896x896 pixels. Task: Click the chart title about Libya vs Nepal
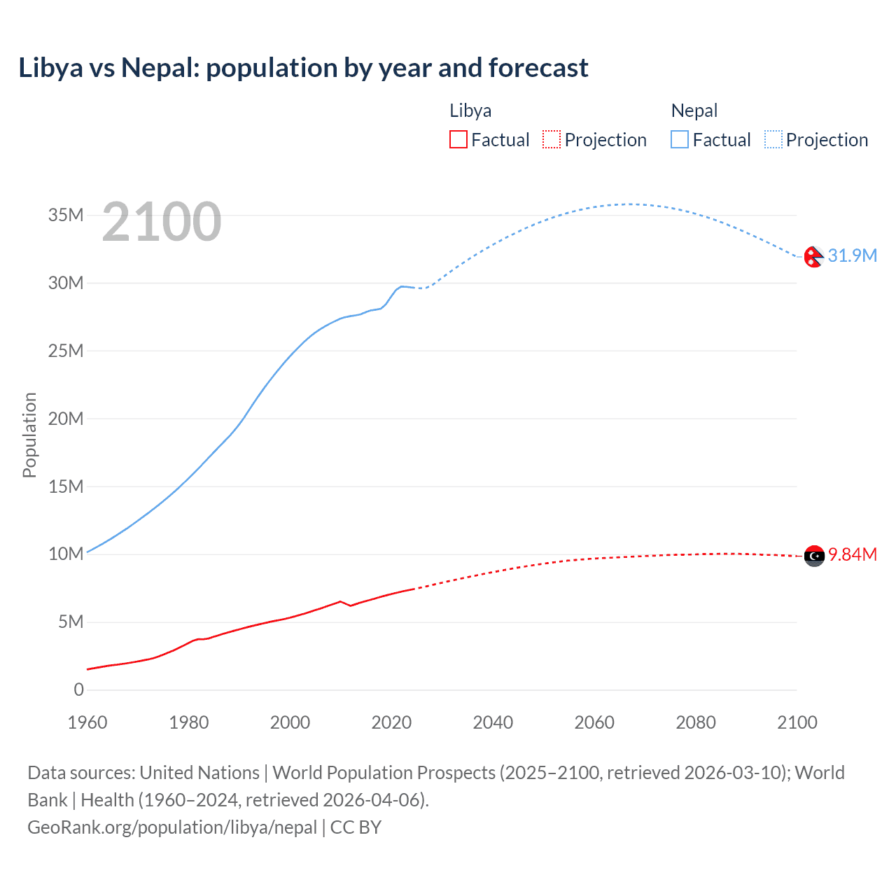[x=303, y=68]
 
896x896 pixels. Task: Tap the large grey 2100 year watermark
[x=162, y=222]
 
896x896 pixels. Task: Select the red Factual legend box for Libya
[x=458, y=139]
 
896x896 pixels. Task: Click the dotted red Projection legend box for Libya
[x=552, y=139]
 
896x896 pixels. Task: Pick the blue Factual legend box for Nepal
[x=679, y=139]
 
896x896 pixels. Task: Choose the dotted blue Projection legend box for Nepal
[x=773, y=139]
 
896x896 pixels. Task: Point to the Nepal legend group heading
[x=694, y=111]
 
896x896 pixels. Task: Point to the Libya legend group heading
[x=470, y=111]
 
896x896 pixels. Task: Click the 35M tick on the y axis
[x=66, y=215]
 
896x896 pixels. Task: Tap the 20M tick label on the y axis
[x=66, y=419]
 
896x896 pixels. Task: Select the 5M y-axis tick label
[x=71, y=622]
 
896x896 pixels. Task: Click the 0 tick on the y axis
[x=78, y=689]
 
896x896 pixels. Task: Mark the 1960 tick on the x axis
[x=87, y=722]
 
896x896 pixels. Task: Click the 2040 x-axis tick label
[x=493, y=722]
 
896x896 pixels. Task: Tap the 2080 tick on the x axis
[x=696, y=722]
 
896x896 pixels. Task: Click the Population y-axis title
[x=29, y=435]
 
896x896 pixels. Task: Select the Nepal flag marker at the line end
[x=813, y=257]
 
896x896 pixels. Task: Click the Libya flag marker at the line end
[x=814, y=556]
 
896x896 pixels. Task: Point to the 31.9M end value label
[x=852, y=255]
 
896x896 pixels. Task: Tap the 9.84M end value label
[x=852, y=554]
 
